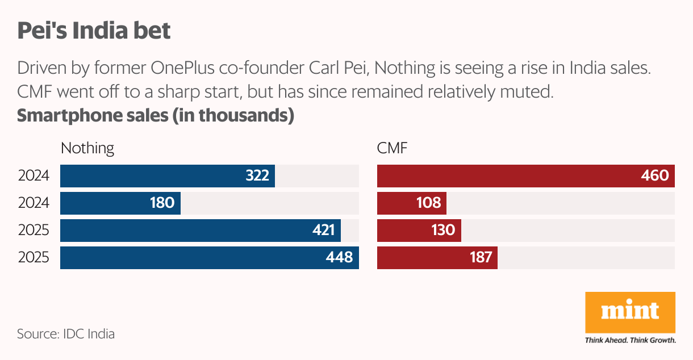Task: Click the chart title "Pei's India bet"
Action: pyautogui.click(x=94, y=31)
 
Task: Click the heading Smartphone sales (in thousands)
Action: pyautogui.click(x=155, y=115)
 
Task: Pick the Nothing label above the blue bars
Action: pyautogui.click(x=87, y=148)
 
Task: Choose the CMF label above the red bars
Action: pyautogui.click(x=393, y=148)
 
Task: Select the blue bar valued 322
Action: pyautogui.click(x=167, y=176)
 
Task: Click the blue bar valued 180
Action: pyautogui.click(x=120, y=203)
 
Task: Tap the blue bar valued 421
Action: pyautogui.click(x=200, y=231)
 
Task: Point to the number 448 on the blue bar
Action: pyautogui.click(x=339, y=258)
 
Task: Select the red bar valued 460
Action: pyautogui.click(x=525, y=176)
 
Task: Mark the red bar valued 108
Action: pyautogui.click(x=411, y=203)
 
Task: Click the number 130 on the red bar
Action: pyautogui.click(x=443, y=231)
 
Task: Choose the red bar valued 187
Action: pyautogui.click(x=437, y=258)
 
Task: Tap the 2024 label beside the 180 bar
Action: pyautogui.click(x=34, y=203)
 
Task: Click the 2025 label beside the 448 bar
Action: pyautogui.click(x=34, y=258)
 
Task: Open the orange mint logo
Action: pyautogui.click(x=630, y=312)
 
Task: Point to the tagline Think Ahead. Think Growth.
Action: pyautogui.click(x=630, y=341)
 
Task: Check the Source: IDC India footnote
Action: pyautogui.click(x=66, y=334)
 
